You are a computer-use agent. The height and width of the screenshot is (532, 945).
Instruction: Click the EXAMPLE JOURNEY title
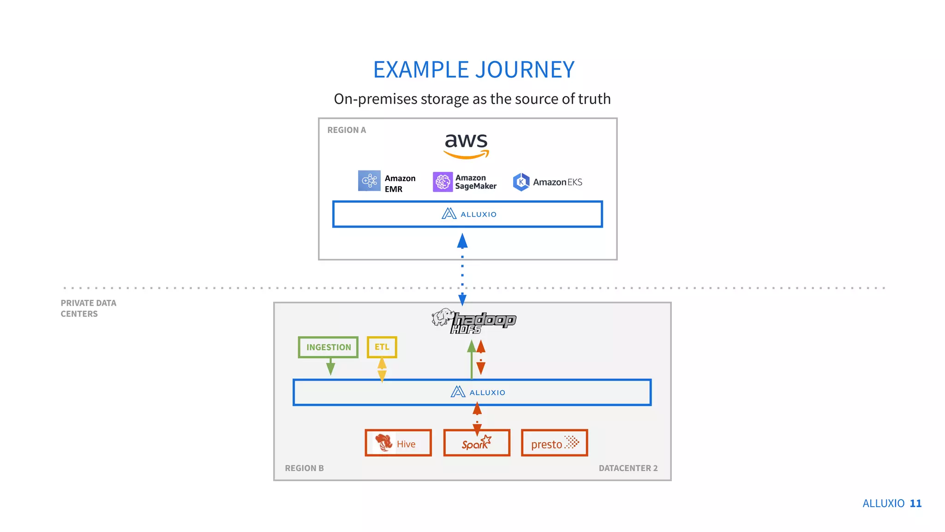pyautogui.click(x=473, y=70)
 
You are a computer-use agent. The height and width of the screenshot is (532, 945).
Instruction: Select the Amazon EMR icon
pyautogui.click(x=369, y=181)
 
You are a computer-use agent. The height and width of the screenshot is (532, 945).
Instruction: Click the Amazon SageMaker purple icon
pyautogui.click(x=443, y=181)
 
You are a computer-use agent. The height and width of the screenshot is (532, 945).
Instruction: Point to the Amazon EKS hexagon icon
pyautogui.click(x=521, y=182)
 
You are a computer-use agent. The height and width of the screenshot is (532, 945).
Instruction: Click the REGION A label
pyautogui.click(x=347, y=130)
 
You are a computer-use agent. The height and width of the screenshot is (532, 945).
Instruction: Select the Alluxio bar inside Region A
pyautogui.click(x=467, y=214)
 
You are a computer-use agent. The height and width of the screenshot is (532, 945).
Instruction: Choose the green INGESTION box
pyautogui.click(x=328, y=347)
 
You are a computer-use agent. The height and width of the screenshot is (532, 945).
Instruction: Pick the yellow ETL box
pyautogui.click(x=382, y=347)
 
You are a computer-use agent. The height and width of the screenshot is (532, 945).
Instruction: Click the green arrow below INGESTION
pyautogui.click(x=330, y=367)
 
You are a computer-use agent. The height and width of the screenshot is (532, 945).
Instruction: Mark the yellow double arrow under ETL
pyautogui.click(x=382, y=370)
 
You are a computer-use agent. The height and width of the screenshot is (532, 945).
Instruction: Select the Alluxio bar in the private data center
pyautogui.click(x=472, y=393)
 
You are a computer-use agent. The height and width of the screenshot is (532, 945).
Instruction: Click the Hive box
pyautogui.click(x=398, y=443)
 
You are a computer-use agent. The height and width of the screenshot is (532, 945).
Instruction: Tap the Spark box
pyautogui.click(x=477, y=443)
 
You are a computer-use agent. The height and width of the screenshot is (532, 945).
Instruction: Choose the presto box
pyautogui.click(x=554, y=443)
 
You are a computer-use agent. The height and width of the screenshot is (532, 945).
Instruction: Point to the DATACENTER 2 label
pyautogui.click(x=628, y=468)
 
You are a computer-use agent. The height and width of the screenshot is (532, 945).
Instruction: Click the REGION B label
pyautogui.click(x=304, y=468)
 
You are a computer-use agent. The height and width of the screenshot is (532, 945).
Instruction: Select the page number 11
pyautogui.click(x=915, y=503)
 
